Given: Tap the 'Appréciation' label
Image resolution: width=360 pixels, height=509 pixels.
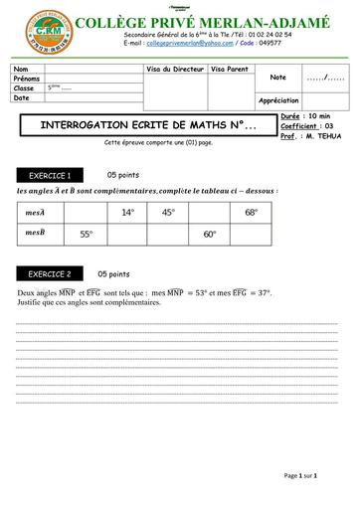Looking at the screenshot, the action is (x=278, y=100).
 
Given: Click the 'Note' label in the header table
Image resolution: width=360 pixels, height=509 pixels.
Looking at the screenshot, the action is (x=277, y=77).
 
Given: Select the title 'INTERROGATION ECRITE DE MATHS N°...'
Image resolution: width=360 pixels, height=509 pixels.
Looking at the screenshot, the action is (x=139, y=127).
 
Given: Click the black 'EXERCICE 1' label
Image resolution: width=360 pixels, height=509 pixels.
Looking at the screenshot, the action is (x=48, y=174).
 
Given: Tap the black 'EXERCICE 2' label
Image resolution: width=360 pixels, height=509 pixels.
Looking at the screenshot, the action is (x=48, y=273).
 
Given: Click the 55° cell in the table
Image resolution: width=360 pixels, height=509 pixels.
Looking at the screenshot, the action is (x=87, y=235).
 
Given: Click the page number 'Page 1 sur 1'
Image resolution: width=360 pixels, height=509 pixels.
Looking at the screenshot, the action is (x=299, y=476).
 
